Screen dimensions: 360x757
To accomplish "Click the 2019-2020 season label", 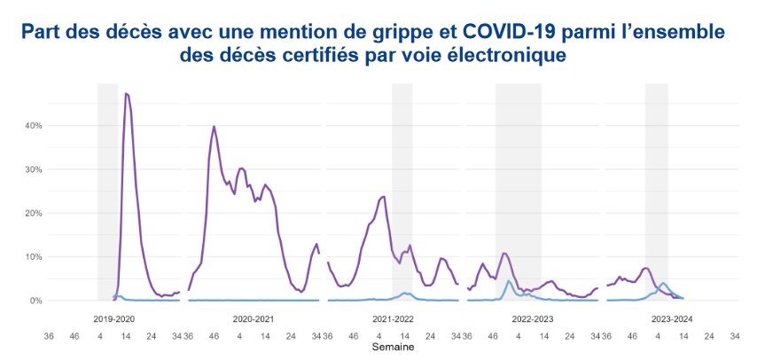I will click(x=113, y=317).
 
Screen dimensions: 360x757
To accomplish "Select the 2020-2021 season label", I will click(x=253, y=317).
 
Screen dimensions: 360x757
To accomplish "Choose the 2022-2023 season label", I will click(x=532, y=317).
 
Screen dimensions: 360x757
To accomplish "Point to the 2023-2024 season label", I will click(x=672, y=317).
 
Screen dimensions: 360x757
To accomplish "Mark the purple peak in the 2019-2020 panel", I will click(x=126, y=93).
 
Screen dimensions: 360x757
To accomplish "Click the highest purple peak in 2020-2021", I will click(x=214, y=126).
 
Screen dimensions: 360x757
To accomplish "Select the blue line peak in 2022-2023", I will click(x=509, y=281).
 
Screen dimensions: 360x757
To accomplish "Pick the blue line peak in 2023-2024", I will click(x=663, y=283).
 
